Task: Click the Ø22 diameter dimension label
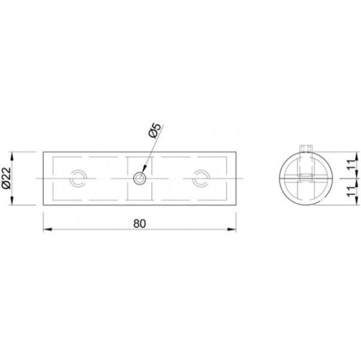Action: point(7,178)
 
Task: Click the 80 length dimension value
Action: point(139,224)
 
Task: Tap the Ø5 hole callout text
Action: point(154,130)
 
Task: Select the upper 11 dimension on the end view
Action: point(351,164)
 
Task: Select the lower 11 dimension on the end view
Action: point(351,191)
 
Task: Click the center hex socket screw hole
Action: point(139,179)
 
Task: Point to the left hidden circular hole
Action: point(78,179)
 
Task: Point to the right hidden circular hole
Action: point(201,179)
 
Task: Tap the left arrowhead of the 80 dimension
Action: point(47,229)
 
